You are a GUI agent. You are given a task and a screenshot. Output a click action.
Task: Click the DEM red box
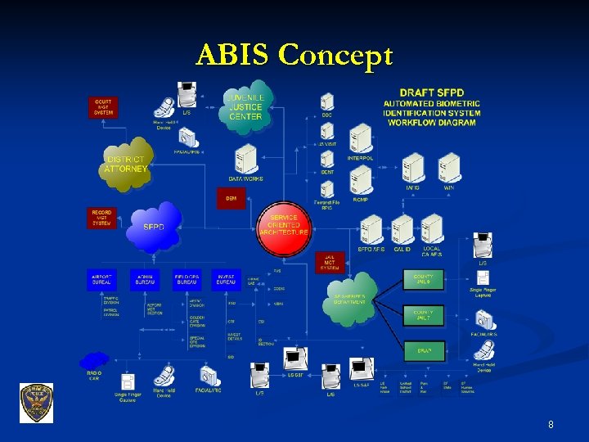[231, 198]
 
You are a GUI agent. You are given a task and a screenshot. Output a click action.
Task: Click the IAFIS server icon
[414, 169]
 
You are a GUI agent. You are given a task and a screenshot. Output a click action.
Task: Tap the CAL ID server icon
[402, 231]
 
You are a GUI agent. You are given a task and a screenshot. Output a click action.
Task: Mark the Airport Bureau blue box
[102, 280]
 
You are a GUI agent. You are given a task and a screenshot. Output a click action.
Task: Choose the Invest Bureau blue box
[227, 280]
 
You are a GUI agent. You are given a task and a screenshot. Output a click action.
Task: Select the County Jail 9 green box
[424, 280]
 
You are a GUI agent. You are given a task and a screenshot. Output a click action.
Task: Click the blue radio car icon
[95, 360]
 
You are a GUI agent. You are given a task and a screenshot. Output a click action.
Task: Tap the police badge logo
[36, 403]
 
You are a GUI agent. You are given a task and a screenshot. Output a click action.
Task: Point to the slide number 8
[551, 425]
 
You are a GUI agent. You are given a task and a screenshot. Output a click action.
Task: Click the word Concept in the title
[335, 56]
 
